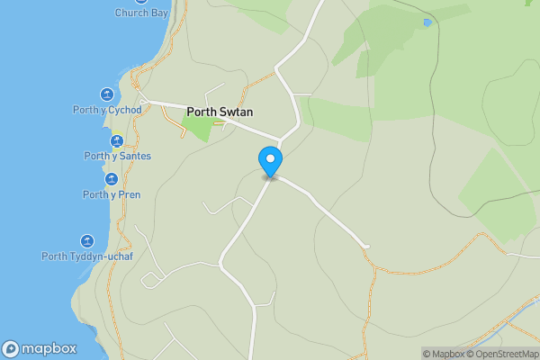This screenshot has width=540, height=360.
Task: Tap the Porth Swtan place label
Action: [220, 112]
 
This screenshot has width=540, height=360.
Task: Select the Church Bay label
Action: [141, 13]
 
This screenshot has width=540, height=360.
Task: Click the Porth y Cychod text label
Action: [107, 110]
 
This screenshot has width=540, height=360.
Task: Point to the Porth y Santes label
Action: [117, 157]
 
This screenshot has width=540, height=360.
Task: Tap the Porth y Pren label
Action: [112, 194]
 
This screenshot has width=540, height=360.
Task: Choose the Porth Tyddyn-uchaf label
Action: [86, 256]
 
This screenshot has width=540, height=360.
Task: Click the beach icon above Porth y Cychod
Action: [107, 94]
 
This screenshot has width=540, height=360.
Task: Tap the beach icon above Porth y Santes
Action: [117, 141]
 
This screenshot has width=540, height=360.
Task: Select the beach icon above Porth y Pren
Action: [112, 179]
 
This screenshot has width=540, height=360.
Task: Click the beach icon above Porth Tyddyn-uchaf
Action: [87, 241]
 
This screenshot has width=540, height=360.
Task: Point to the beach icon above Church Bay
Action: [141, 2]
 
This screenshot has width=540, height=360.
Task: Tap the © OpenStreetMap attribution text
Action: [501, 354]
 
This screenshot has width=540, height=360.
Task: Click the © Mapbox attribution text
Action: [442, 354]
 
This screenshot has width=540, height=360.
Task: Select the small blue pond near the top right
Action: [427, 22]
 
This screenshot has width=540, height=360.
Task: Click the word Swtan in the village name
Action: [236, 112]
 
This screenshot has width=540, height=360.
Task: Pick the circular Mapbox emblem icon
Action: [11, 349]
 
